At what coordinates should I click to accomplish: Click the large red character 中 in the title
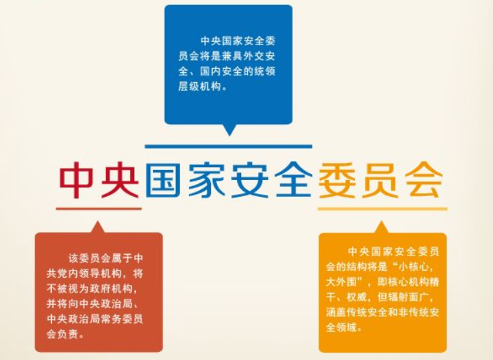click(76, 180)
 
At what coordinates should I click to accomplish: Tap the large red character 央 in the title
click(120, 180)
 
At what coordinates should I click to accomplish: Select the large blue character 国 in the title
click(162, 180)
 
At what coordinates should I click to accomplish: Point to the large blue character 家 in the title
click(207, 180)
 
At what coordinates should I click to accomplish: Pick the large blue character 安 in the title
click(250, 180)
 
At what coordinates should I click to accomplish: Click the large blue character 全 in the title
click(294, 180)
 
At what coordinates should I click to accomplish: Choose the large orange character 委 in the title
click(337, 180)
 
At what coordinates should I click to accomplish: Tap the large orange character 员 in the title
click(381, 180)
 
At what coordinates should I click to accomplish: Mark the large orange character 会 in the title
click(424, 180)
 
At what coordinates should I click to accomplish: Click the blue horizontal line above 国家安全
click(228, 146)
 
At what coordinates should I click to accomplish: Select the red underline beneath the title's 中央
click(99, 208)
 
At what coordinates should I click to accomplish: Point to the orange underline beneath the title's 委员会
click(383, 208)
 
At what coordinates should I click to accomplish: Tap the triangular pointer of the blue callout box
click(229, 129)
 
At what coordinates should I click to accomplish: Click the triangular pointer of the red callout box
click(98, 227)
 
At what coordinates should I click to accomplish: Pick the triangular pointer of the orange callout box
click(382, 227)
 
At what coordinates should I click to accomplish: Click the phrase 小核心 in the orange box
click(414, 267)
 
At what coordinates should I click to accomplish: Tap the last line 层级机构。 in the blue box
click(203, 86)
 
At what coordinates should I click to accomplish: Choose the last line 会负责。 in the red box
click(66, 334)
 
